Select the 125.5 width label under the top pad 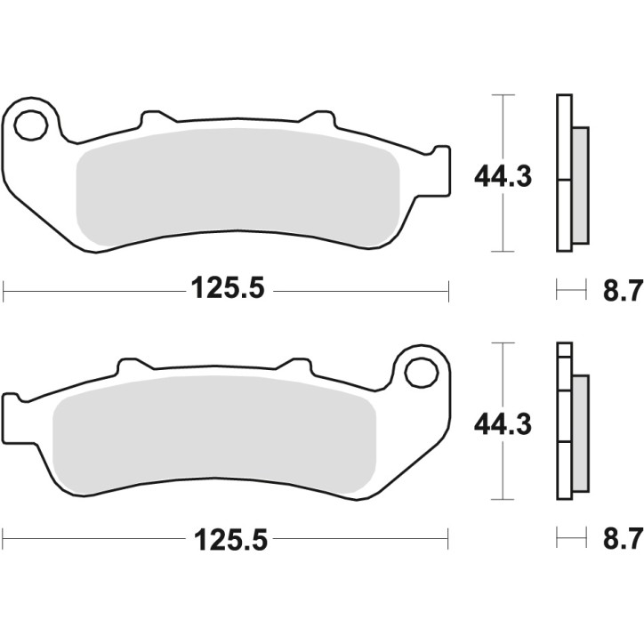click(227, 289)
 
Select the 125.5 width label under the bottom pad click(227, 538)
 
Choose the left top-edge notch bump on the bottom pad click(129, 366)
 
